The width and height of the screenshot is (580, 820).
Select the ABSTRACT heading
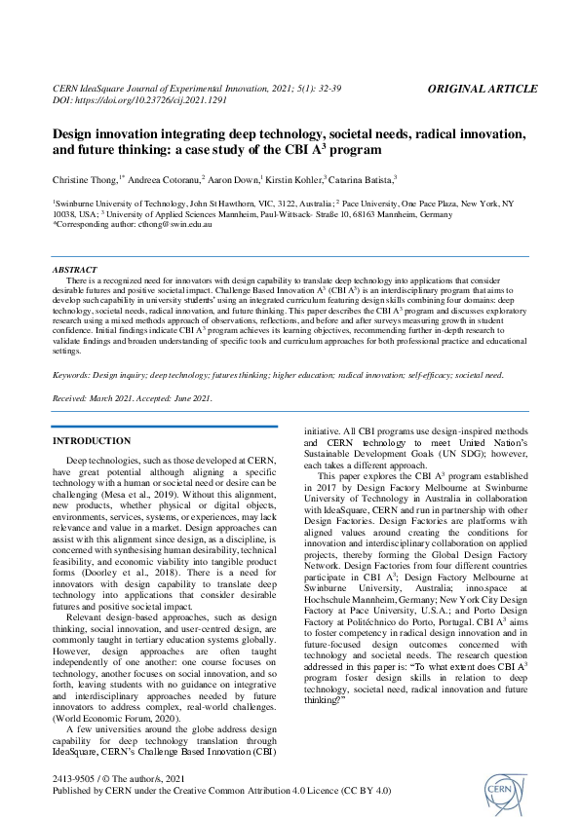[x=74, y=269]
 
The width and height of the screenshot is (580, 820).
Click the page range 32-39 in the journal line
[x=342, y=89]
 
